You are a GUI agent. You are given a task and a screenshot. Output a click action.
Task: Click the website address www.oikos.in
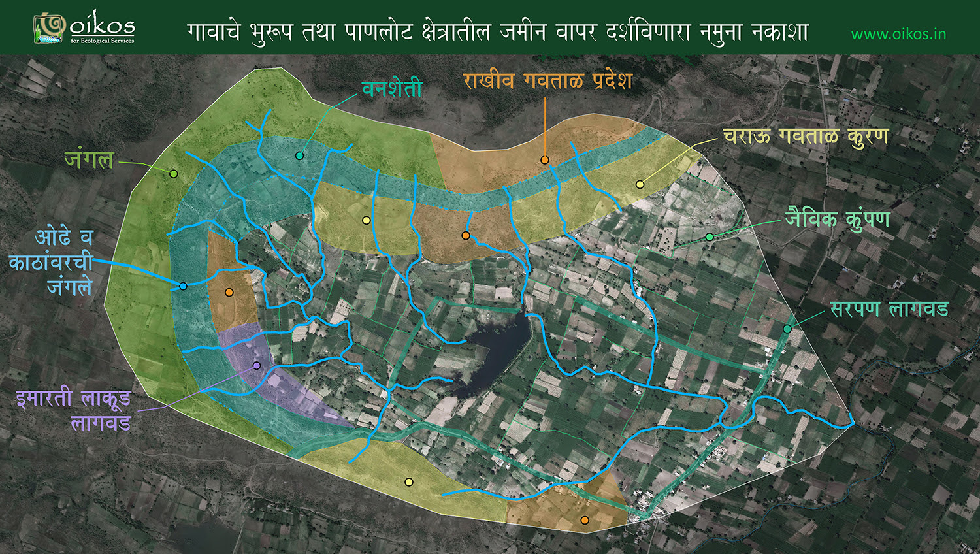[x=898, y=34]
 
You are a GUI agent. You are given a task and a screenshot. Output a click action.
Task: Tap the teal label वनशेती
[x=392, y=89]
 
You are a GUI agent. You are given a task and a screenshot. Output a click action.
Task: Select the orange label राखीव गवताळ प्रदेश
[x=547, y=80]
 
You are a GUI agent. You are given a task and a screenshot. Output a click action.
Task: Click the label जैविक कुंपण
[x=838, y=219]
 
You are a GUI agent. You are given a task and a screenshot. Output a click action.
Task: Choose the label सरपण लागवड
[x=889, y=308]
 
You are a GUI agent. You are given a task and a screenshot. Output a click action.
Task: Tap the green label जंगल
[x=90, y=159]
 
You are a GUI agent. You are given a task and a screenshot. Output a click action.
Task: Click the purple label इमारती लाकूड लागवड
[x=74, y=410]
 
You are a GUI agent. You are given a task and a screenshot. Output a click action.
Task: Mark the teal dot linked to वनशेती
[x=299, y=155]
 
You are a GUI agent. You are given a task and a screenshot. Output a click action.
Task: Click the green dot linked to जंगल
[x=173, y=174]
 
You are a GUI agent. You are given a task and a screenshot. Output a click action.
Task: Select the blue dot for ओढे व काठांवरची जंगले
[x=183, y=286]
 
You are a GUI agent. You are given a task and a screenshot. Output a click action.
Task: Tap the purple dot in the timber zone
[x=257, y=365]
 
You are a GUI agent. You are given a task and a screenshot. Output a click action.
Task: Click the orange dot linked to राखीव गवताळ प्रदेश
[x=544, y=160]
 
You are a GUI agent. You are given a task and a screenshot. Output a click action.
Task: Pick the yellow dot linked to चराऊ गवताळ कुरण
[x=640, y=185]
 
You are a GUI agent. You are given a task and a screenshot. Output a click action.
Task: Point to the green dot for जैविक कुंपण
[x=710, y=236]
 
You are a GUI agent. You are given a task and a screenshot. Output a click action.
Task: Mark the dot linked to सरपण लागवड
[x=787, y=329]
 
